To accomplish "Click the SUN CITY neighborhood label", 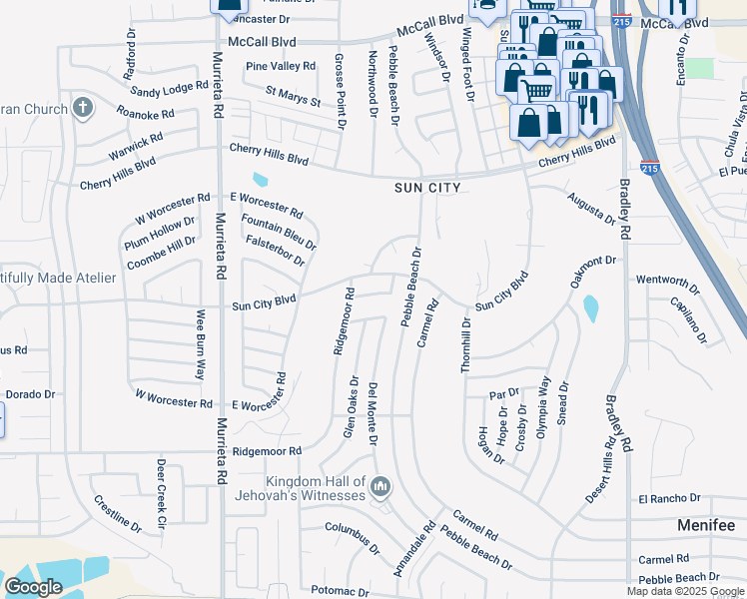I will coord(427,188).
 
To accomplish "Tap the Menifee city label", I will coord(705,525).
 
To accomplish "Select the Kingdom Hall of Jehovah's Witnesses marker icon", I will coord(379,488).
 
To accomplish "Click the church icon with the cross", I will coord(83,107).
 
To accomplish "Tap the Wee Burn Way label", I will coord(200,344).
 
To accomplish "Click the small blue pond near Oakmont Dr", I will coord(590,307).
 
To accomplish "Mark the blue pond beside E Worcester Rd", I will coord(261,181).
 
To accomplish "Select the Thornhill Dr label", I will coord(465,345).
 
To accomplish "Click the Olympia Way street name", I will coord(544,399).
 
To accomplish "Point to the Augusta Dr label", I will coord(591,210).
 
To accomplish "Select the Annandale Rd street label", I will coord(414,552).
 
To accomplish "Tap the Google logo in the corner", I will coord(33,587).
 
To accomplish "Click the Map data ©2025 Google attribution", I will coord(685,591).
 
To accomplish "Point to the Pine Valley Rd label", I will coord(281,66).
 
